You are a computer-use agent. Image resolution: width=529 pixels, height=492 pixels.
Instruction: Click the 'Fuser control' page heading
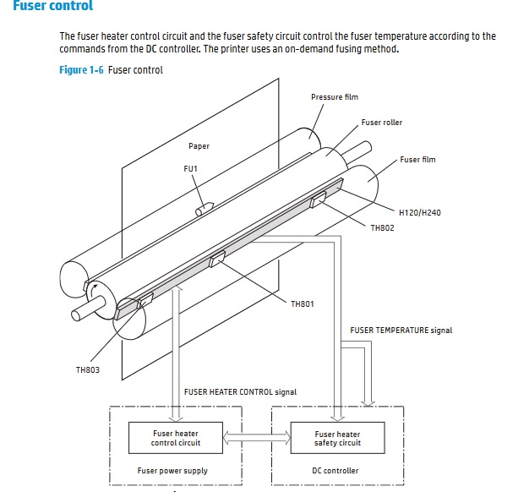click(x=52, y=7)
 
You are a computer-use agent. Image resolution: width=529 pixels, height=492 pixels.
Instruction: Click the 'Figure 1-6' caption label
click(x=82, y=70)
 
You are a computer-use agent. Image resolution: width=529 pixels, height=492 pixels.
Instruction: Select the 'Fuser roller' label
click(x=381, y=123)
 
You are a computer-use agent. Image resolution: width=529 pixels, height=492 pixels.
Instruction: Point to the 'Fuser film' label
click(x=417, y=160)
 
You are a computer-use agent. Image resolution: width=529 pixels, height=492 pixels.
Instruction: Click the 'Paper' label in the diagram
click(x=199, y=146)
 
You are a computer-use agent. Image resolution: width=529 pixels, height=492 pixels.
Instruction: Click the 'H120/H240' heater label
click(x=419, y=212)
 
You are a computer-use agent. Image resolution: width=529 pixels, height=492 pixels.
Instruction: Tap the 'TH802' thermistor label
click(x=382, y=228)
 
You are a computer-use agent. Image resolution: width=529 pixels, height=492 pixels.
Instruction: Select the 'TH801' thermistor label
click(x=302, y=304)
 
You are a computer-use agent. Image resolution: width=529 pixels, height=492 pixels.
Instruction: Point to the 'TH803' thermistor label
click(x=87, y=369)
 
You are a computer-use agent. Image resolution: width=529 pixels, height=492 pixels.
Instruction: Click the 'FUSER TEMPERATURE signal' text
click(x=401, y=331)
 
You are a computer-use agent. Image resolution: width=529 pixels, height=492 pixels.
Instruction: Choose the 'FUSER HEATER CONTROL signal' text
click(x=240, y=392)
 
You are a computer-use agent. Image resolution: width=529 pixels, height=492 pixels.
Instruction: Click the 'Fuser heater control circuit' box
click(x=176, y=438)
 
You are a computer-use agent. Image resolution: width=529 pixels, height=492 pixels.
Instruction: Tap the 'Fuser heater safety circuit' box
click(x=337, y=438)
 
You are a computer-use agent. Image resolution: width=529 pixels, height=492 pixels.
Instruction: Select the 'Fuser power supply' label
click(x=172, y=471)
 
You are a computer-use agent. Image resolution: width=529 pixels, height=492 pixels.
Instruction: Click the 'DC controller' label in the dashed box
click(x=335, y=471)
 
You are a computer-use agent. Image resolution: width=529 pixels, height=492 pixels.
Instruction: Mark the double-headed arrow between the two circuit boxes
click(x=257, y=438)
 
